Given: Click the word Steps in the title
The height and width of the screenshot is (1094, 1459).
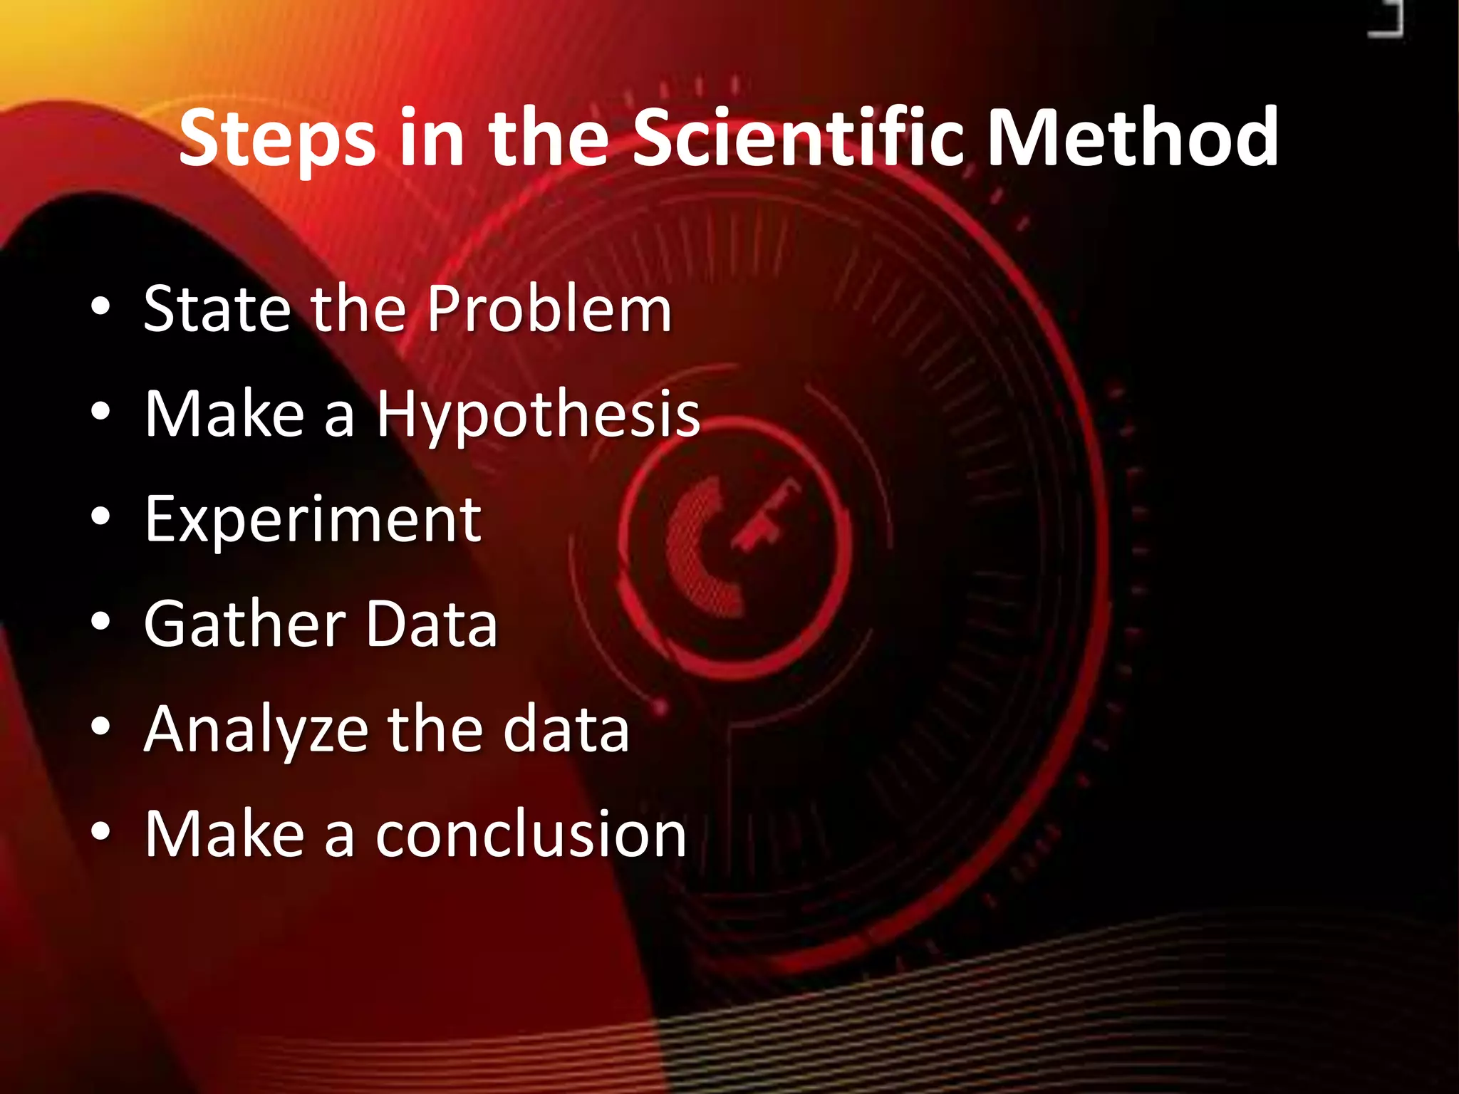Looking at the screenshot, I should (x=278, y=139).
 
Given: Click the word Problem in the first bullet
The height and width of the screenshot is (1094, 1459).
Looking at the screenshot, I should (x=549, y=310).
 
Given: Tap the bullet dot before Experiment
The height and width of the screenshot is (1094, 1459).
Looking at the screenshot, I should (x=101, y=518).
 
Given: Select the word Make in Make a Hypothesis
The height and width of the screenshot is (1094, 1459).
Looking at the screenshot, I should (x=224, y=415).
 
